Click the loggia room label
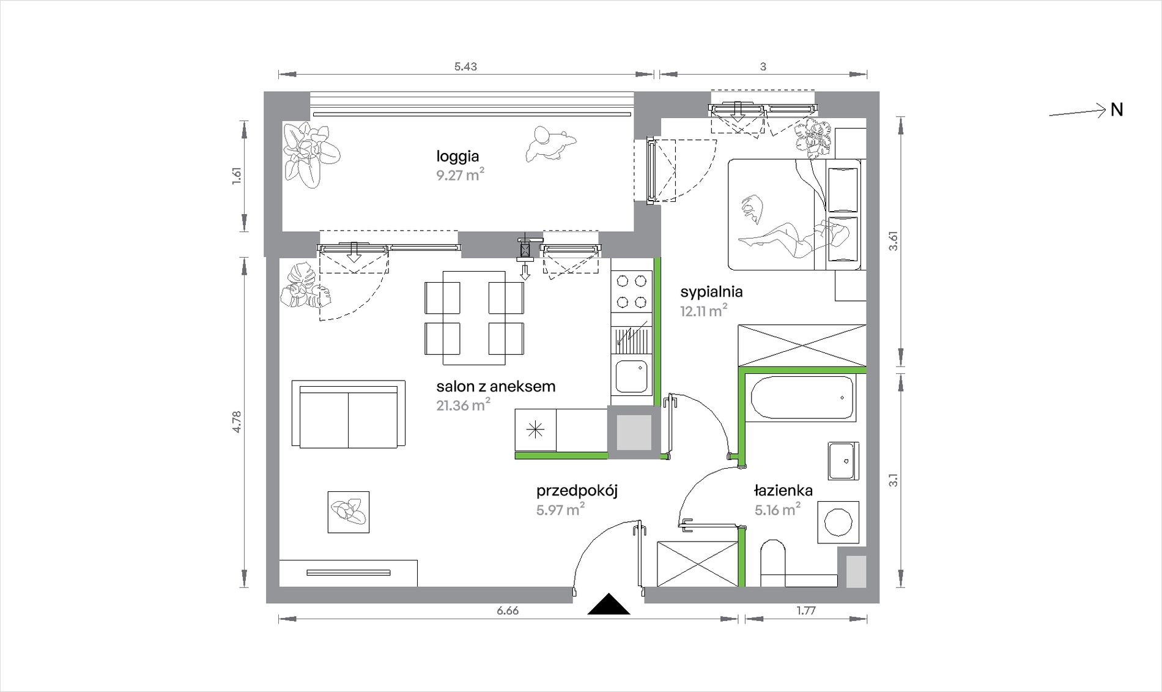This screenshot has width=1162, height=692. [x=457, y=157]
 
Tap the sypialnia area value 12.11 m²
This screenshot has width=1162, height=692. [x=703, y=311]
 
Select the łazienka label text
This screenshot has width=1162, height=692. [x=783, y=490]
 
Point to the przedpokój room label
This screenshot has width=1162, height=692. [x=577, y=491]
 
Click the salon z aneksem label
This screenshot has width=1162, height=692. [x=496, y=386]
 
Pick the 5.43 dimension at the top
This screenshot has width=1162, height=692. [x=465, y=67]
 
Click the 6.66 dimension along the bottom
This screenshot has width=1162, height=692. [x=508, y=611]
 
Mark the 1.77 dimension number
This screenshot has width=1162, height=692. [x=806, y=611]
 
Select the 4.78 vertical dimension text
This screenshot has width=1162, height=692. [x=237, y=422]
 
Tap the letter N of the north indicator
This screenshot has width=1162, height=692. [x=1117, y=110]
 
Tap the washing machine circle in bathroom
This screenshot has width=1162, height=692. [x=838, y=523]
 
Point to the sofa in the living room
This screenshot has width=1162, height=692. [x=349, y=414]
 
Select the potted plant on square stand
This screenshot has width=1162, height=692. [x=349, y=512]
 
